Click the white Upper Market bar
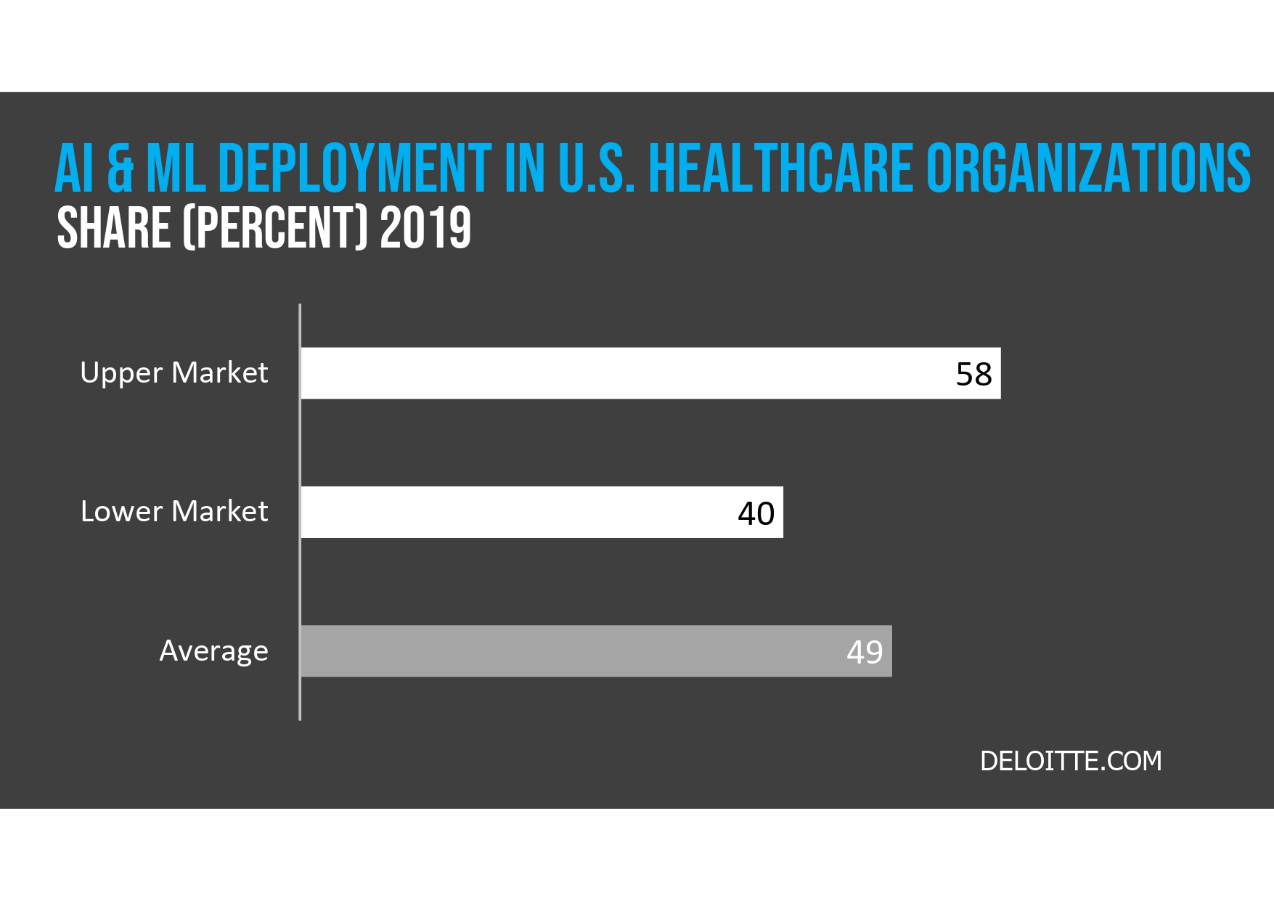point(624,373)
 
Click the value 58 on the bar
point(973,375)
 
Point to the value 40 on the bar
point(756,514)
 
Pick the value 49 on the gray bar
point(865,652)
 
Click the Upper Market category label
point(174,373)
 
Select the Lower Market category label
point(174,512)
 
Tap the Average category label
point(213,651)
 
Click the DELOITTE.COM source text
point(1071,761)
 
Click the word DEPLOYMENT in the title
point(354,168)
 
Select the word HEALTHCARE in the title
point(780,168)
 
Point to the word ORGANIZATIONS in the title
point(1087,168)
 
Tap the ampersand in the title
point(121,168)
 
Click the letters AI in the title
point(75,168)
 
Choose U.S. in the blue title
point(596,168)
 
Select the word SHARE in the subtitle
point(113,228)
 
